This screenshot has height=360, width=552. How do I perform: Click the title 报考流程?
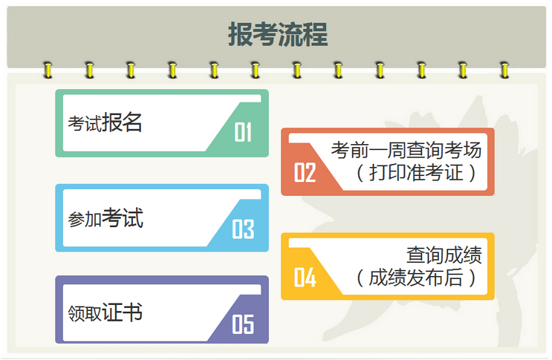277,35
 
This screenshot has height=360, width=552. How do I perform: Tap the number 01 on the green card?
243,132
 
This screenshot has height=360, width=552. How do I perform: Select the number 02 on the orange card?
305,173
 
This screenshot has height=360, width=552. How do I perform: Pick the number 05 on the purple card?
243,324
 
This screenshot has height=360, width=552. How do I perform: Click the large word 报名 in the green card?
123,122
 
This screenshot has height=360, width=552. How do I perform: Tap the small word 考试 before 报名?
84,125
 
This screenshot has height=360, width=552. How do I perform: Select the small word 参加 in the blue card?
84,220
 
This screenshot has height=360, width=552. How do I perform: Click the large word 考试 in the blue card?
123,218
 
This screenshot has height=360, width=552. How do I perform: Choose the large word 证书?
123,312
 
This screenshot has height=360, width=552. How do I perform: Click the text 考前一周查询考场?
406,151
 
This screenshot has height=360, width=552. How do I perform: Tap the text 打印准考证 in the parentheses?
415,174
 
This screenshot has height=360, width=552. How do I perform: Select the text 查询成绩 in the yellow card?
444,255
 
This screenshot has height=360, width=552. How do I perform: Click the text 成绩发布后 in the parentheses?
415,278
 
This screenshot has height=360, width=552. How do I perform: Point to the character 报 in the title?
240,35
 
